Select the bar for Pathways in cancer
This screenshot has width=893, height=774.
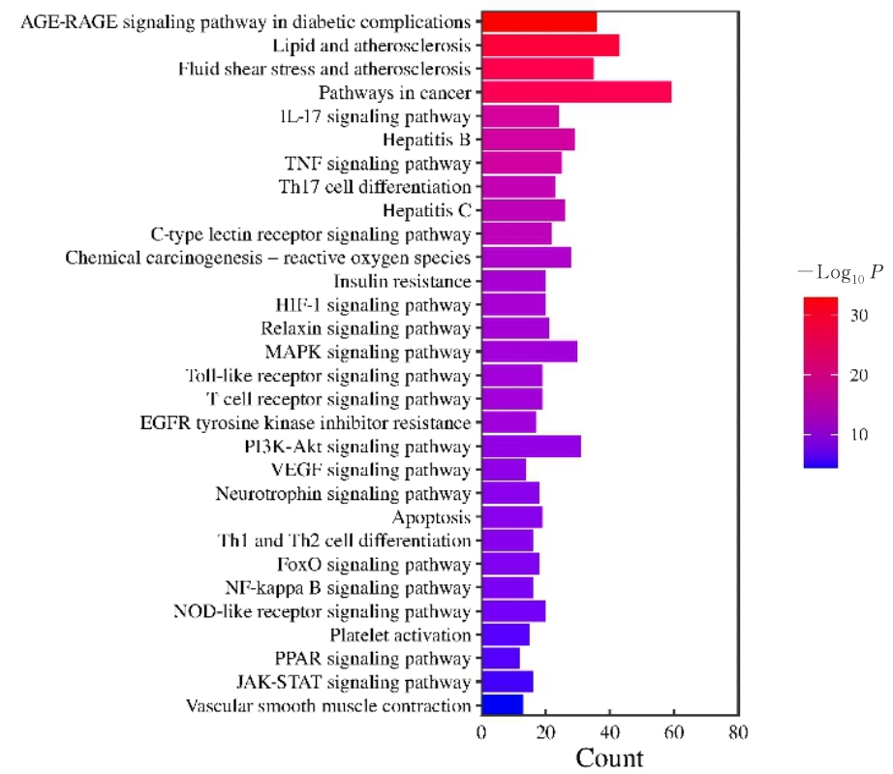click(576, 93)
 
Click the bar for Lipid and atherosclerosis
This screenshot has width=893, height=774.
click(550, 46)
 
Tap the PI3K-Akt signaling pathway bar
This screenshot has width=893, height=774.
click(531, 447)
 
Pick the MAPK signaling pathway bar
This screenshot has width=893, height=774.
click(529, 352)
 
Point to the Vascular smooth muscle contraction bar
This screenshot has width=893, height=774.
click(502, 705)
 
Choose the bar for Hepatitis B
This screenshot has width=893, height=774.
click(528, 139)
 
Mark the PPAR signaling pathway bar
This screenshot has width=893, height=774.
click(500, 659)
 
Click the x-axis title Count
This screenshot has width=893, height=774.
click(609, 757)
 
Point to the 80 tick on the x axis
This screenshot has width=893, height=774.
click(739, 732)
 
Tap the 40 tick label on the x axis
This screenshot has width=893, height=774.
click(610, 732)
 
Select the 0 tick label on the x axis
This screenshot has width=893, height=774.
click(481, 732)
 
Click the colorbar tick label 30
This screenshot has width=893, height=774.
click(858, 315)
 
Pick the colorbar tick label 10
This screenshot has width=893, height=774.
click(858, 435)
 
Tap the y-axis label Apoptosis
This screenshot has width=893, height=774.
click(431, 517)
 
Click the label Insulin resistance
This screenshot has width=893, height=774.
click(402, 281)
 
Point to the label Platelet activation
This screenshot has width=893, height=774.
click(400, 635)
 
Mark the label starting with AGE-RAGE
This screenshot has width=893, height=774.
click(246, 21)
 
